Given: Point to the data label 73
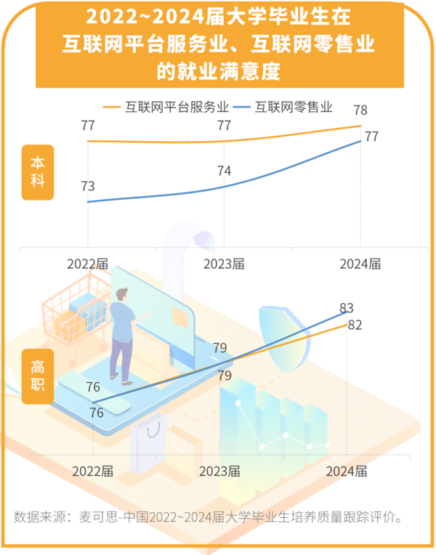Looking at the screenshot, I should [87, 186].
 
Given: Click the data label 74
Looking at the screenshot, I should [225, 171].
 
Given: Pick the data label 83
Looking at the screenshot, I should [347, 309].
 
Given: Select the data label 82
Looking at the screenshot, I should [355, 325].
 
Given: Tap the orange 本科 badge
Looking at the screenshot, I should [37, 173].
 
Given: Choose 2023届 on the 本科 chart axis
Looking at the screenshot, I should [223, 264].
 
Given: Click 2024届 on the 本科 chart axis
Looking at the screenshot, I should [360, 264].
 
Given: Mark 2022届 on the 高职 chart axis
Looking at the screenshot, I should [93, 470].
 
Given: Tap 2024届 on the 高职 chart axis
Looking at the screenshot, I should [346, 470].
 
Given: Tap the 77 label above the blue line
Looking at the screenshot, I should [371, 137].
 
